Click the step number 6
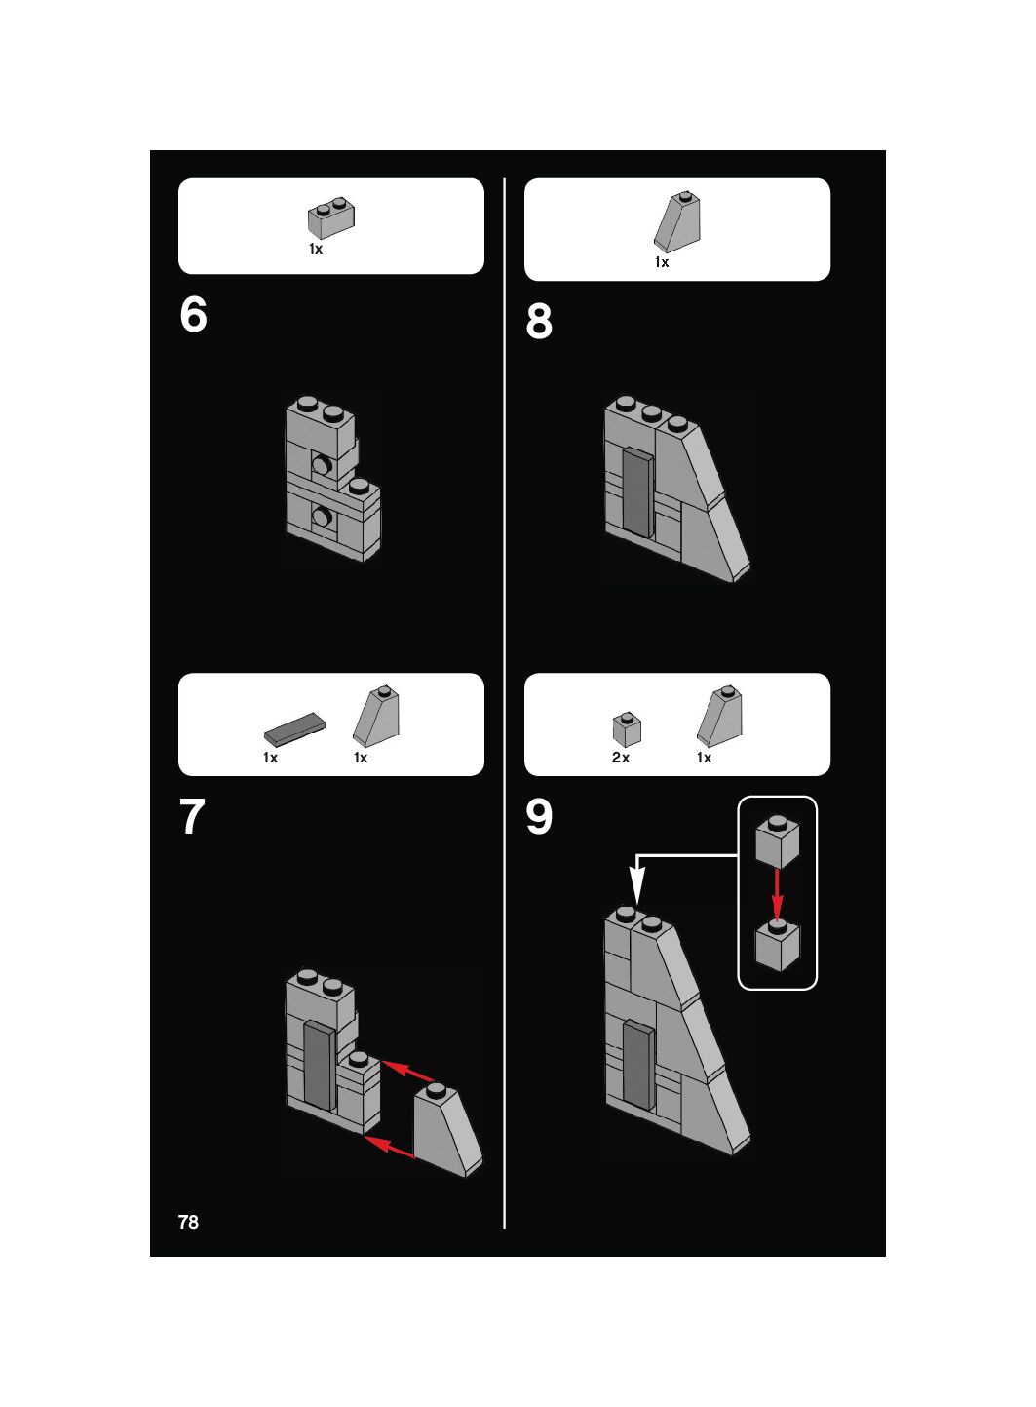(x=193, y=314)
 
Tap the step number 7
(x=193, y=816)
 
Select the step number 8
(x=539, y=321)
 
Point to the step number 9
(x=539, y=816)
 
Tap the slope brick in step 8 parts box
(x=676, y=221)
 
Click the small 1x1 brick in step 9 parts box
(x=627, y=728)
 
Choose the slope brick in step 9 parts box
(x=719, y=716)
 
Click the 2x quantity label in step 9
(x=621, y=758)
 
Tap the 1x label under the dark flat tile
(x=271, y=758)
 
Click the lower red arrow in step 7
(x=389, y=1147)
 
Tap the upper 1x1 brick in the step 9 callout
(x=778, y=841)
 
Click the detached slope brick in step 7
(x=447, y=1130)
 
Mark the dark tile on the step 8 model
(x=638, y=492)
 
